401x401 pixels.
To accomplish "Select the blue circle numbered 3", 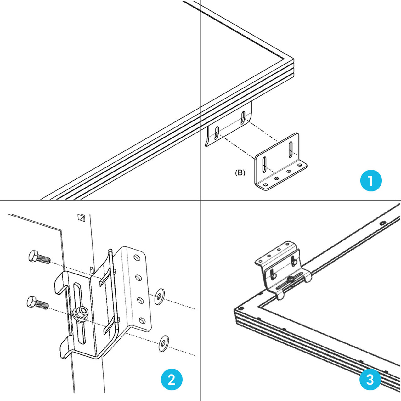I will point(370,379).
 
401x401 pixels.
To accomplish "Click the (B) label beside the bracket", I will point(240,172).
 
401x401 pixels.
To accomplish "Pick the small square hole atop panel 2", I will point(81,217).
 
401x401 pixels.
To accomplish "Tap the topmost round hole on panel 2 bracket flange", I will point(136,258).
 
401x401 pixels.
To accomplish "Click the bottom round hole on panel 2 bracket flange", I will point(142,321).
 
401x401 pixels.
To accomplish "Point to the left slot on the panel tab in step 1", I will point(217,132).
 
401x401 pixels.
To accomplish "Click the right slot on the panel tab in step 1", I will point(243,117).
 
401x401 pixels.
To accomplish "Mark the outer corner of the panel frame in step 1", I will point(293,60).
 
